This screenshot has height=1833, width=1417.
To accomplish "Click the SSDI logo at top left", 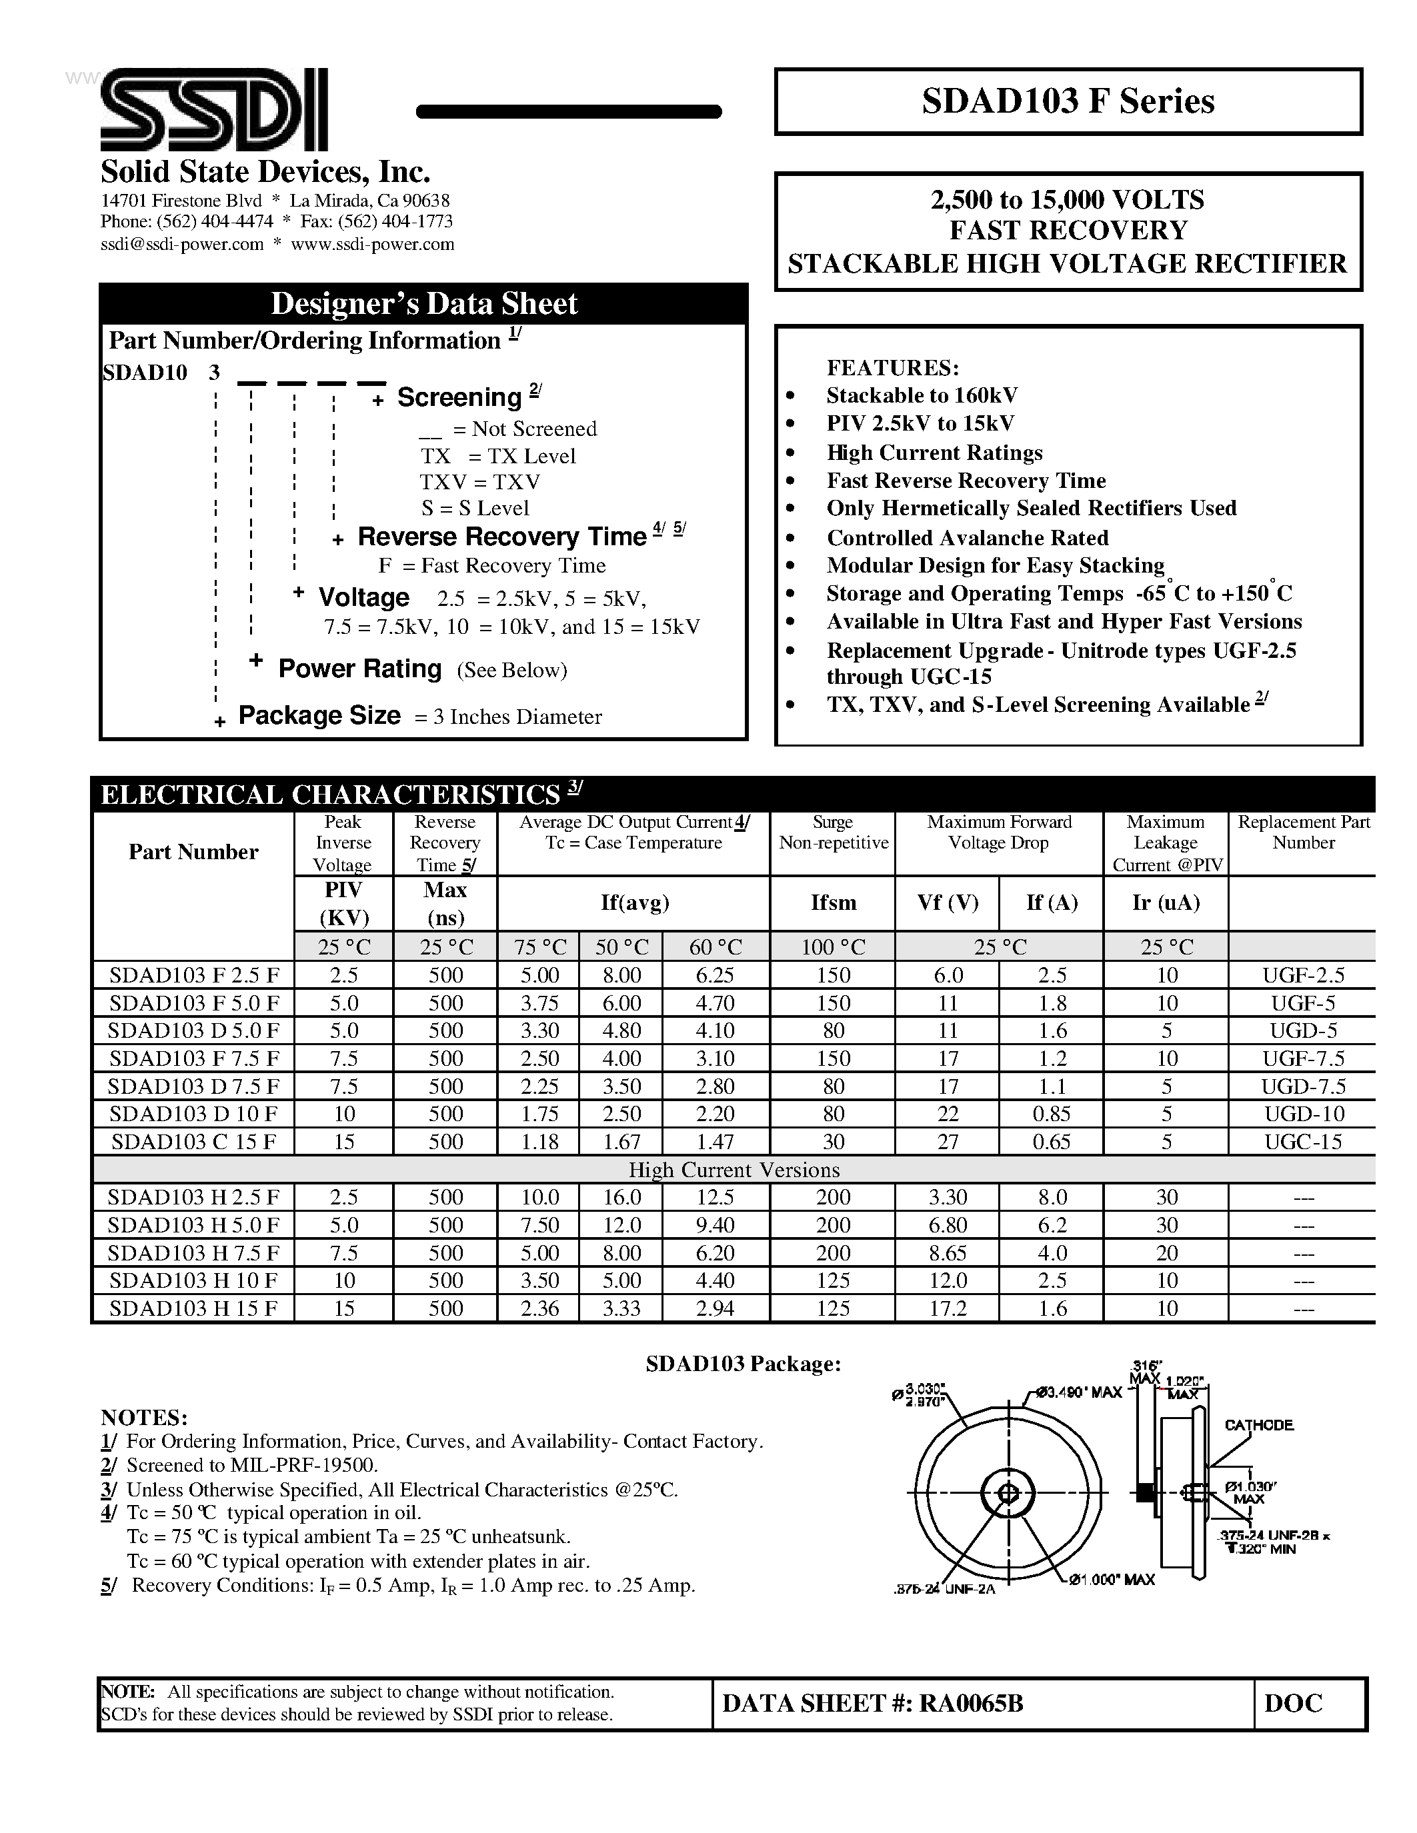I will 213,110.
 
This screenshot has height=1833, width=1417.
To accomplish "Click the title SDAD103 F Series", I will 1067,101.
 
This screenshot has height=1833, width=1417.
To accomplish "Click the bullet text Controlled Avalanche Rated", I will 967,538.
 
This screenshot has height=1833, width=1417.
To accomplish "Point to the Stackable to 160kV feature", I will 921,395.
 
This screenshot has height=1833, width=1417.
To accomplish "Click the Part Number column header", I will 193,852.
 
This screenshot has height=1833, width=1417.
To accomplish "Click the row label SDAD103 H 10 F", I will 193,1280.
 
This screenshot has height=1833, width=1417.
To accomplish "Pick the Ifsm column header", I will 833,903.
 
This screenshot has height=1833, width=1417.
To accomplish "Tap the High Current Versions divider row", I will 733,1170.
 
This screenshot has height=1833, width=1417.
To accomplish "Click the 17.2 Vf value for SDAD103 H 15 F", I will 947,1308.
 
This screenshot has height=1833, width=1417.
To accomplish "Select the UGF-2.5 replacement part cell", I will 1303,975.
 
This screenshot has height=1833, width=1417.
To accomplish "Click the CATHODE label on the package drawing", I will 1258,1425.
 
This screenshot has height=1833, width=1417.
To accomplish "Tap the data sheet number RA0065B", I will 872,1703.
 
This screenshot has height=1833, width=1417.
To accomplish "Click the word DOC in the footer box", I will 1293,1703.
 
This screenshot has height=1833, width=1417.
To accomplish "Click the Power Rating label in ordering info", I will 359,669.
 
